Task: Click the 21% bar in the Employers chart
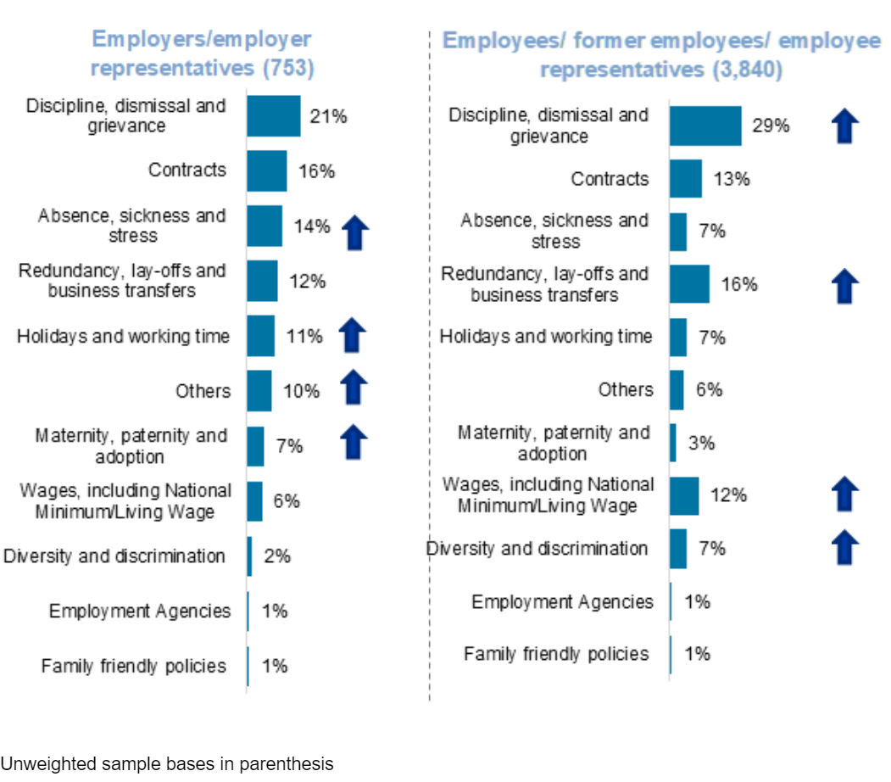click(273, 116)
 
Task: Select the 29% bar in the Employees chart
click(704, 126)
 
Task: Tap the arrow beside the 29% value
click(845, 126)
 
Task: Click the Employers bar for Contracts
click(267, 171)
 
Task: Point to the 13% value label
click(731, 180)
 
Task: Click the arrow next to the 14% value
click(356, 232)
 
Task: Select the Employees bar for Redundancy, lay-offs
click(689, 284)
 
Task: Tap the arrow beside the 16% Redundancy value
click(845, 286)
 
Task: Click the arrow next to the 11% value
click(353, 336)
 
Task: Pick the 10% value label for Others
click(302, 391)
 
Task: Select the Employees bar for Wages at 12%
click(684, 496)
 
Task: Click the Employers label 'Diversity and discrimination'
click(114, 556)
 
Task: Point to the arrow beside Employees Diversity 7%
click(845, 547)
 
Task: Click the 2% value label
click(277, 556)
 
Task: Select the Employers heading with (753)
click(202, 53)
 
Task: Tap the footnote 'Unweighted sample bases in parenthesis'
click(167, 764)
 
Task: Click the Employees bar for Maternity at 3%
click(673, 443)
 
